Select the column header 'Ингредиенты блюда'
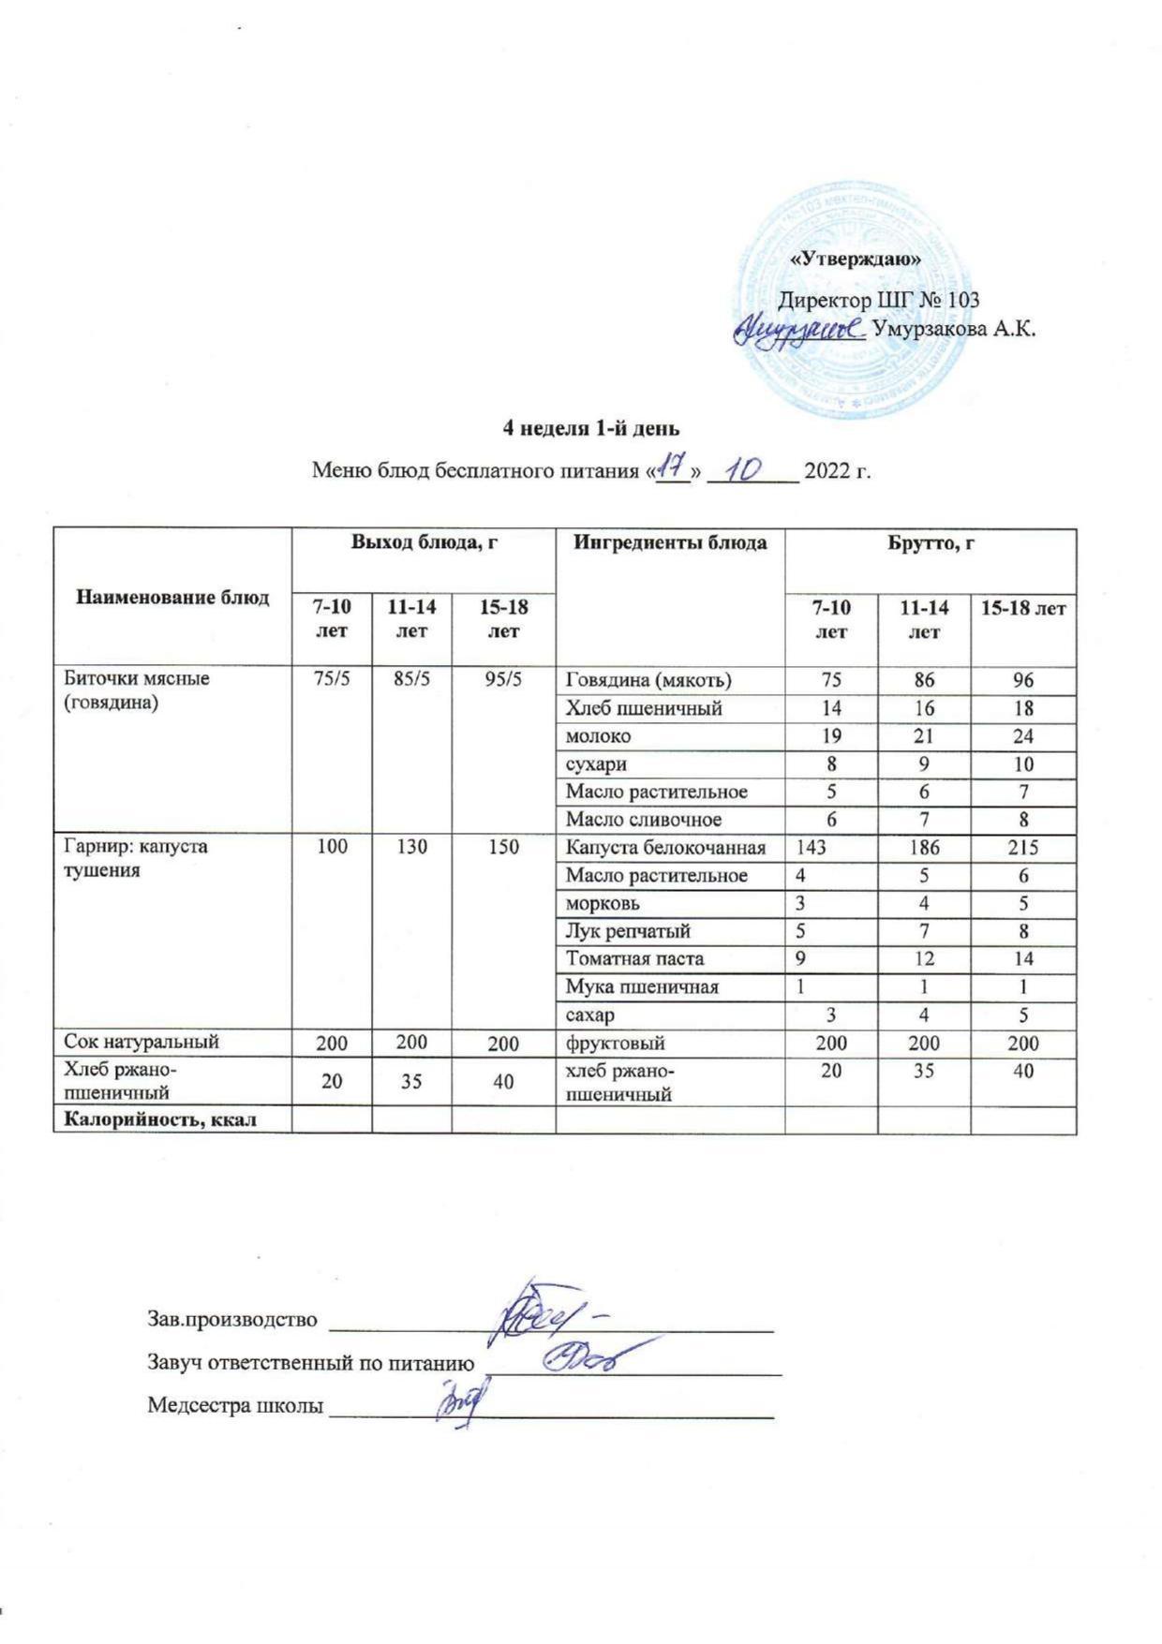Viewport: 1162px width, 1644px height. tap(670, 542)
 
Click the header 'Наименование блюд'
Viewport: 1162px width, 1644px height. tap(172, 598)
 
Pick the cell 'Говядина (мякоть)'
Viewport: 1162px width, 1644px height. tap(648, 680)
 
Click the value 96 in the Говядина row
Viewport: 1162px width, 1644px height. tap(1023, 680)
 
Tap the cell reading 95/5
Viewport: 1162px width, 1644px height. tap(503, 679)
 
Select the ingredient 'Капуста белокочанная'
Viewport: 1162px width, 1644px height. tap(665, 848)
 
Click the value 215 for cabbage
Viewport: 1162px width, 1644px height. tap(1023, 848)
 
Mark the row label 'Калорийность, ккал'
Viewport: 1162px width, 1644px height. tap(159, 1120)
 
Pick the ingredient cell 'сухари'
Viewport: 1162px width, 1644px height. tap(596, 763)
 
